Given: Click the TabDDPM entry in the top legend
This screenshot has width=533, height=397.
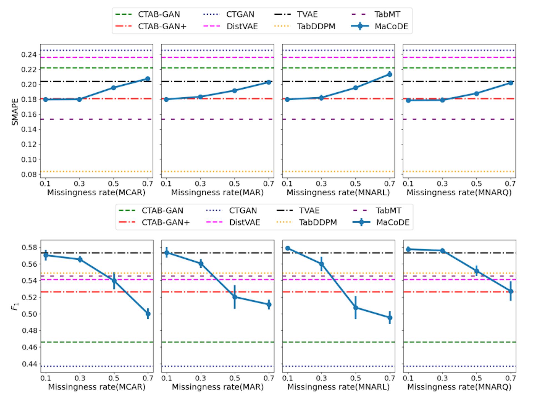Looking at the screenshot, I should click(316, 26).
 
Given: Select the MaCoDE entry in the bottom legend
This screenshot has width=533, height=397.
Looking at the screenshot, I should click(393, 222).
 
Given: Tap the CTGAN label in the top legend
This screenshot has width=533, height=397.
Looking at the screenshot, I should click(240, 14).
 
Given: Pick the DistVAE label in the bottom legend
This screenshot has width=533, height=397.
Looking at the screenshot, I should click(245, 222).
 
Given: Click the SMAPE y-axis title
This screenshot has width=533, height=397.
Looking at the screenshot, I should click(15, 112).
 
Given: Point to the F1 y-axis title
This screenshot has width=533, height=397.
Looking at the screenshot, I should click(15, 306).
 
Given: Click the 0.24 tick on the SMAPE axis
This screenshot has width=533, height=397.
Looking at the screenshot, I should click(29, 55).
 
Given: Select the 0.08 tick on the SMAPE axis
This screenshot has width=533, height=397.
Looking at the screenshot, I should click(29, 175).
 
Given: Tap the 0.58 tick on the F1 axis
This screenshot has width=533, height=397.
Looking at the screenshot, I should click(29, 247).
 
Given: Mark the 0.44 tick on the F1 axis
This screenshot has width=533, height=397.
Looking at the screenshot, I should click(29, 364).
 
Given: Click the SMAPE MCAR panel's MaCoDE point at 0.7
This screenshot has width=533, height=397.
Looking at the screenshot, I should click(148, 79).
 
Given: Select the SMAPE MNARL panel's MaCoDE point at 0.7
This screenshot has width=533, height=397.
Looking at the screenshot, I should click(389, 74).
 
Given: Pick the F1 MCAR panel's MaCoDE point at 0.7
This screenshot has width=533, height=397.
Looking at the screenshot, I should click(148, 314).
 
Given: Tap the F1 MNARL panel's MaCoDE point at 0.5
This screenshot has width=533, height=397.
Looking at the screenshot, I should click(356, 307).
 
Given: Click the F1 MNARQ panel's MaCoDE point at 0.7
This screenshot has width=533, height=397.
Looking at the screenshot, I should click(511, 291).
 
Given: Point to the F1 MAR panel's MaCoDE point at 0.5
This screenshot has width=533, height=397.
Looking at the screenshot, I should click(235, 297).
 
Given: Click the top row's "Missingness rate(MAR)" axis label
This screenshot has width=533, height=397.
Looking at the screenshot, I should click(217, 193).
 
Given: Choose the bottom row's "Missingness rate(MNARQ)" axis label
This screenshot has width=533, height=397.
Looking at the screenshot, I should click(459, 387).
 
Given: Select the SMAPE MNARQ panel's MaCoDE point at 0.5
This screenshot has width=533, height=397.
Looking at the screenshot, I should click(476, 93).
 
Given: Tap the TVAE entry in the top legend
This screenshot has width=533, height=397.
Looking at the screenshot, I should click(307, 14).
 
